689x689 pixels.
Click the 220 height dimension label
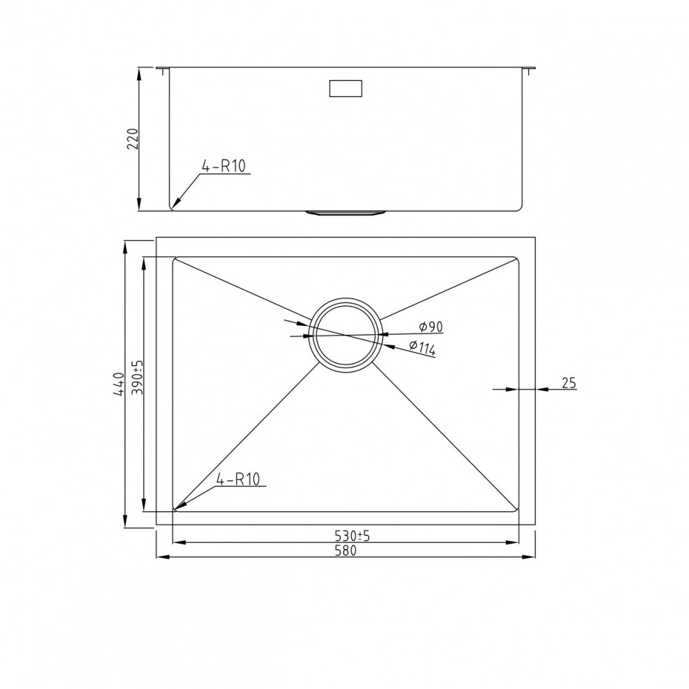tap(133, 139)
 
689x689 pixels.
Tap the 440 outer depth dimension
tap(119, 383)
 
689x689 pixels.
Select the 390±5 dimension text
tap(137, 377)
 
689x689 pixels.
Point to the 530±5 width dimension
tap(352, 535)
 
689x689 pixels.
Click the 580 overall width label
tap(345, 551)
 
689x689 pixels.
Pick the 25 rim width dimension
tap(568, 383)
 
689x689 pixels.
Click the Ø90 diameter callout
tap(431, 327)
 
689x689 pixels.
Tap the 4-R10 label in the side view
tap(223, 167)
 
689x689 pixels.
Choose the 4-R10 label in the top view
tap(238, 479)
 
